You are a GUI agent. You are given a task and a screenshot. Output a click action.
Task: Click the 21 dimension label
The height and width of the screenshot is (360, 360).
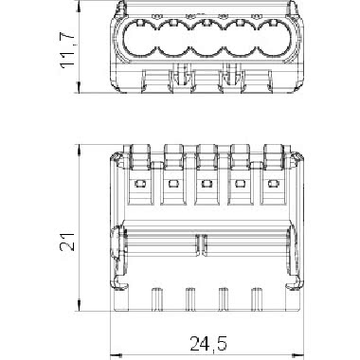(67, 242)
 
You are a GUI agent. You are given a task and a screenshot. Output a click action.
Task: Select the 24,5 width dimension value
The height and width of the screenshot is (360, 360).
(208, 343)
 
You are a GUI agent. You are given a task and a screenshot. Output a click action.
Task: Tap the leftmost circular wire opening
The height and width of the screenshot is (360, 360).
(139, 39)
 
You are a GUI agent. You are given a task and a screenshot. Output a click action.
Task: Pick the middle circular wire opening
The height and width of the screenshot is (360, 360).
(207, 39)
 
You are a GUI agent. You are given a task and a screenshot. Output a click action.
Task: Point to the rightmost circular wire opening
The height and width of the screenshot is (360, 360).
(274, 39)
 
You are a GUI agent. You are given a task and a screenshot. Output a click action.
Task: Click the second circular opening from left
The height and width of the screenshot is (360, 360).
(172, 39)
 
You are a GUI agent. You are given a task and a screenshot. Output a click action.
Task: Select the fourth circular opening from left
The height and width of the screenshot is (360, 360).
(240, 39)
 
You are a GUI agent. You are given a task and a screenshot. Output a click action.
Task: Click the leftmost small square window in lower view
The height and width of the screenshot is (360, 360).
(138, 183)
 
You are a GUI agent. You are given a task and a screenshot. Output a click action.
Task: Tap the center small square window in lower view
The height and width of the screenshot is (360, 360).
(206, 183)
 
